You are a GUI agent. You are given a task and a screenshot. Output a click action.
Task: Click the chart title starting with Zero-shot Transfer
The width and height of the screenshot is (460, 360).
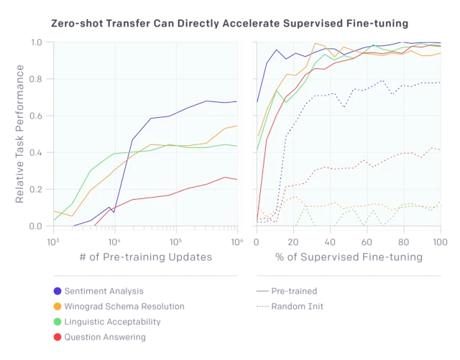click(x=228, y=23)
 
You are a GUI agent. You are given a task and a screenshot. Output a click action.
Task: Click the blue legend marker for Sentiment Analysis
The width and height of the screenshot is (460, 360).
click(x=57, y=291)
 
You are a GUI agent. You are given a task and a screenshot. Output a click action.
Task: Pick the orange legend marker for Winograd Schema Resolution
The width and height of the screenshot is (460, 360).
click(x=57, y=307)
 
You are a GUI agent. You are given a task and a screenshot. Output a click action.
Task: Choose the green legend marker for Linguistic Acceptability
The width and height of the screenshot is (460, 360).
click(x=57, y=322)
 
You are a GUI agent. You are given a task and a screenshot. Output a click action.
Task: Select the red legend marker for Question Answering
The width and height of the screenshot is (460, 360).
click(x=57, y=337)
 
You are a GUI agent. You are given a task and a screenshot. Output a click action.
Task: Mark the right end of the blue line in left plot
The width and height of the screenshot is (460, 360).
click(x=237, y=101)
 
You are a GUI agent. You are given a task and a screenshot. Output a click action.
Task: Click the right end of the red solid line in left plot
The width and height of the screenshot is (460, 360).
click(x=237, y=180)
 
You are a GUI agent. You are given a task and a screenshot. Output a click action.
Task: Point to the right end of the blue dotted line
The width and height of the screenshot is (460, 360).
click(x=441, y=83)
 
